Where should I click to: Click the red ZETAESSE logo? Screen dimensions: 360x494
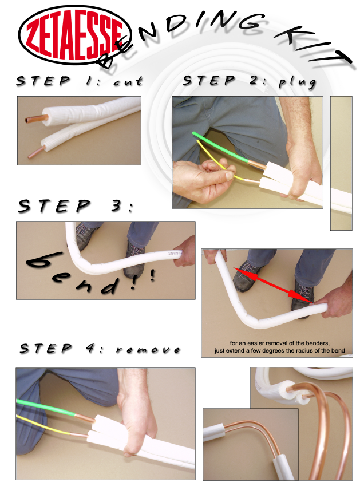point(75,35)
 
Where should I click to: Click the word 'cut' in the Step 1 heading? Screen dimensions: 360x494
point(128,82)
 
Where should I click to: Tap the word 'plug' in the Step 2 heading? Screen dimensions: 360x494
point(297,82)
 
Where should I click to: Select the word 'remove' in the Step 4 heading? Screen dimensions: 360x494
point(148,350)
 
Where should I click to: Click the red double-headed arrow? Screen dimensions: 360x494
point(273,286)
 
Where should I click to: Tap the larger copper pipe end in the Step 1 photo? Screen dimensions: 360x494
point(37,119)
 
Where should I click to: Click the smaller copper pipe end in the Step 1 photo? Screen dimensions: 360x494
point(35,153)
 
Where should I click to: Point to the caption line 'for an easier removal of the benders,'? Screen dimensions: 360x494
point(279,343)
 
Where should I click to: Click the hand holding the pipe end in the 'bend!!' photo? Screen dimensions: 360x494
point(185,251)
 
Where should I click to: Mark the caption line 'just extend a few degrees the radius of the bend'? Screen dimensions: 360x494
point(280,351)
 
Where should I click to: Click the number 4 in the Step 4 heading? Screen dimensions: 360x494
point(91,348)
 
